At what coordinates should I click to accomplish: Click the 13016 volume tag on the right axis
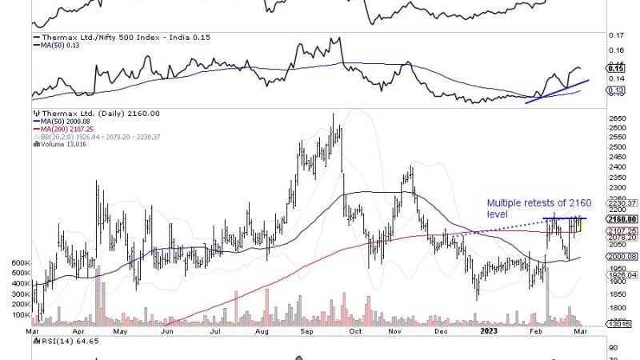pyautogui.click(x=621, y=323)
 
